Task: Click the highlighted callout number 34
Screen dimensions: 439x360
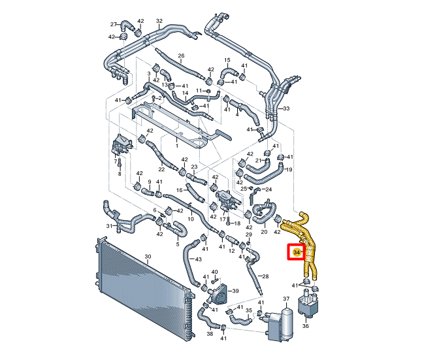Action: (x=297, y=252)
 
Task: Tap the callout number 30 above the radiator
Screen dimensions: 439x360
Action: (x=148, y=256)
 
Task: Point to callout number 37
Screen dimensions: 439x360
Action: (x=286, y=299)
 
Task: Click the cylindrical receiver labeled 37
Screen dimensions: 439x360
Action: (x=286, y=322)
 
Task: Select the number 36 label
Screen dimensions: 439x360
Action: (x=306, y=326)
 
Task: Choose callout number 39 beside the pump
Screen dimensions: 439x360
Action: (x=235, y=291)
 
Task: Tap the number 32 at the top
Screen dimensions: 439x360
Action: (x=159, y=21)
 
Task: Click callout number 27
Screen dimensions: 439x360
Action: (x=113, y=24)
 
